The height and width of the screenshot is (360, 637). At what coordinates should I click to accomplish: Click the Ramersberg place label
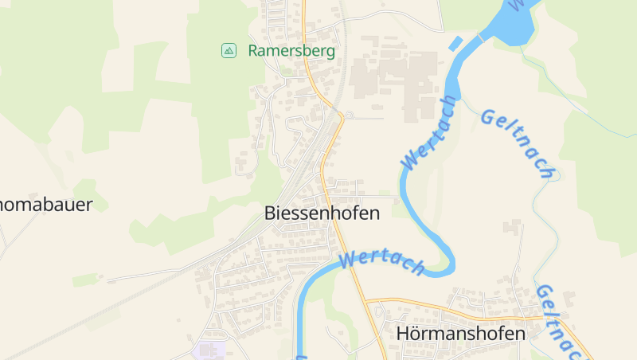tap(291, 50)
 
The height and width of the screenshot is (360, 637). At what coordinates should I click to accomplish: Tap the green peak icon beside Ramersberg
tap(229, 50)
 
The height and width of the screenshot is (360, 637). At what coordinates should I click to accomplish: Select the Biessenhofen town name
tap(322, 213)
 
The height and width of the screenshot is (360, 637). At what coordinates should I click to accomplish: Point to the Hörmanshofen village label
tap(461, 334)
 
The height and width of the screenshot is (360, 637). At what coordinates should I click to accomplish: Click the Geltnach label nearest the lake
tap(518, 143)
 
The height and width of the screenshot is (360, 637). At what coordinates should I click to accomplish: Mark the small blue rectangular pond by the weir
tap(455, 44)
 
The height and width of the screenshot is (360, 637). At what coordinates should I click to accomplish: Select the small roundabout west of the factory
tap(348, 116)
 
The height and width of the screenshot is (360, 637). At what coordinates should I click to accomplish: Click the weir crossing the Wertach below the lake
tap(480, 37)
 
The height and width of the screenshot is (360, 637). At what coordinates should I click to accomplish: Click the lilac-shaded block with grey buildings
tap(209, 350)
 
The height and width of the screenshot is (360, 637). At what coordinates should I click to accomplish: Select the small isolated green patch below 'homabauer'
tap(85, 280)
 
